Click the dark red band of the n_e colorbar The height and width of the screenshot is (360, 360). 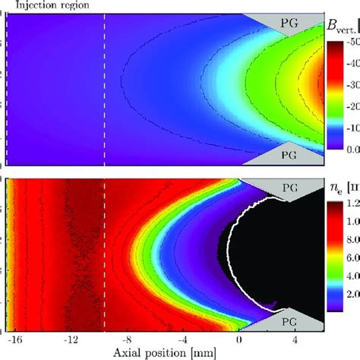[x=334, y=213]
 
